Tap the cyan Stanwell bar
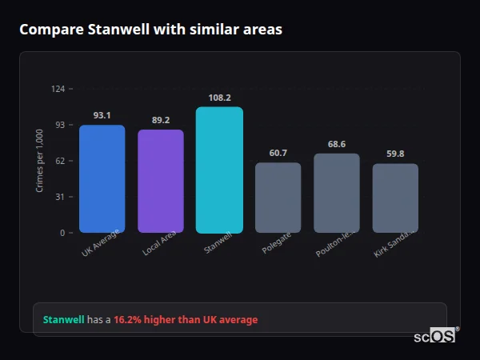(x=219, y=170)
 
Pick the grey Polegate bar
(x=278, y=198)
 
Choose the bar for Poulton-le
(x=336, y=193)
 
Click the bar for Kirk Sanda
(x=395, y=198)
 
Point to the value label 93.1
(x=102, y=115)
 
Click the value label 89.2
(x=160, y=120)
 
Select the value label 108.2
(x=219, y=98)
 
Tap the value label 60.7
(x=278, y=153)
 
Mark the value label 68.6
(x=336, y=144)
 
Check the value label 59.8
(x=395, y=154)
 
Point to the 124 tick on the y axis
(x=58, y=89)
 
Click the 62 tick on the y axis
(x=61, y=161)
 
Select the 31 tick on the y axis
(x=61, y=197)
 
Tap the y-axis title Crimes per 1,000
(x=40, y=161)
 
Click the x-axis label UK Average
(x=101, y=245)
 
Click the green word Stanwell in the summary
(x=63, y=320)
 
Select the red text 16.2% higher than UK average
(x=186, y=320)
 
